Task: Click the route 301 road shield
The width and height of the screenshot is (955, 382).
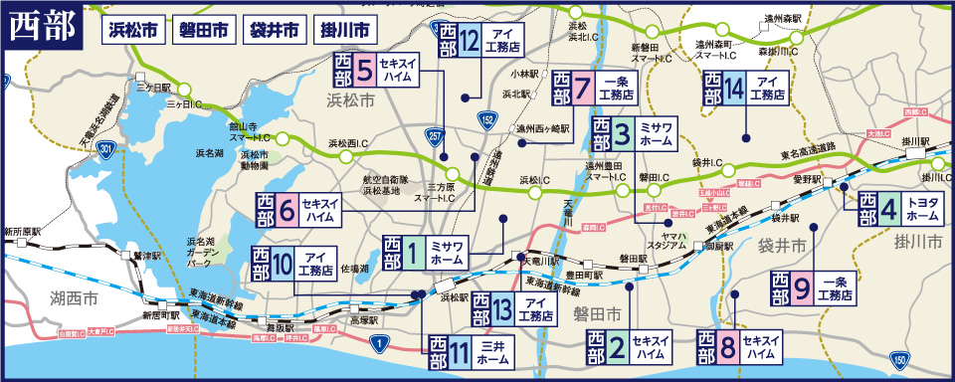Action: click(105, 149)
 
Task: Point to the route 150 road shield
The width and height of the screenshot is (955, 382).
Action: click(899, 359)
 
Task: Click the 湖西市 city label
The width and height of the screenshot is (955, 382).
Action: click(76, 296)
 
